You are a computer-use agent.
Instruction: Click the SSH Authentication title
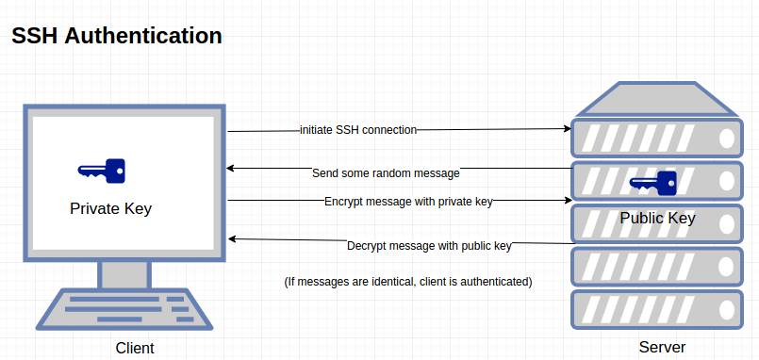point(117,37)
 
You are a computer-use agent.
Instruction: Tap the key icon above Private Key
point(102,171)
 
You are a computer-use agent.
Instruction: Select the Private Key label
point(110,208)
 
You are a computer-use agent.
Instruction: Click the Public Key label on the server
point(657,219)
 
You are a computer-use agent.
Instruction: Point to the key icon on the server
point(652,182)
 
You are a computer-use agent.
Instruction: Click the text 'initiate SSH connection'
point(358,129)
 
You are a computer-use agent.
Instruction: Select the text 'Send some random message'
point(386,173)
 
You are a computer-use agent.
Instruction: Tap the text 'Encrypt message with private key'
point(408,201)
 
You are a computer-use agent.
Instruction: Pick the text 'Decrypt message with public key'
point(429,246)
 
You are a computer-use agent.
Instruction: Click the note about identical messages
point(408,282)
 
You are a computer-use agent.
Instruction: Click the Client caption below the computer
point(135,349)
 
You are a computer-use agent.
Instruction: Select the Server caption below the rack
point(662,348)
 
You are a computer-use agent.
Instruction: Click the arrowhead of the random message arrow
point(232,169)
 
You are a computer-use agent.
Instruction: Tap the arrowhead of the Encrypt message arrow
point(568,200)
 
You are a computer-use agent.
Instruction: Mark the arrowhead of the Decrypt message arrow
point(233,238)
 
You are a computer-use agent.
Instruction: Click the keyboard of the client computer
point(125,309)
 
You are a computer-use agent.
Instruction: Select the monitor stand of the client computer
point(124,274)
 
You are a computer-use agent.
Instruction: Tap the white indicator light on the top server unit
point(727,139)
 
